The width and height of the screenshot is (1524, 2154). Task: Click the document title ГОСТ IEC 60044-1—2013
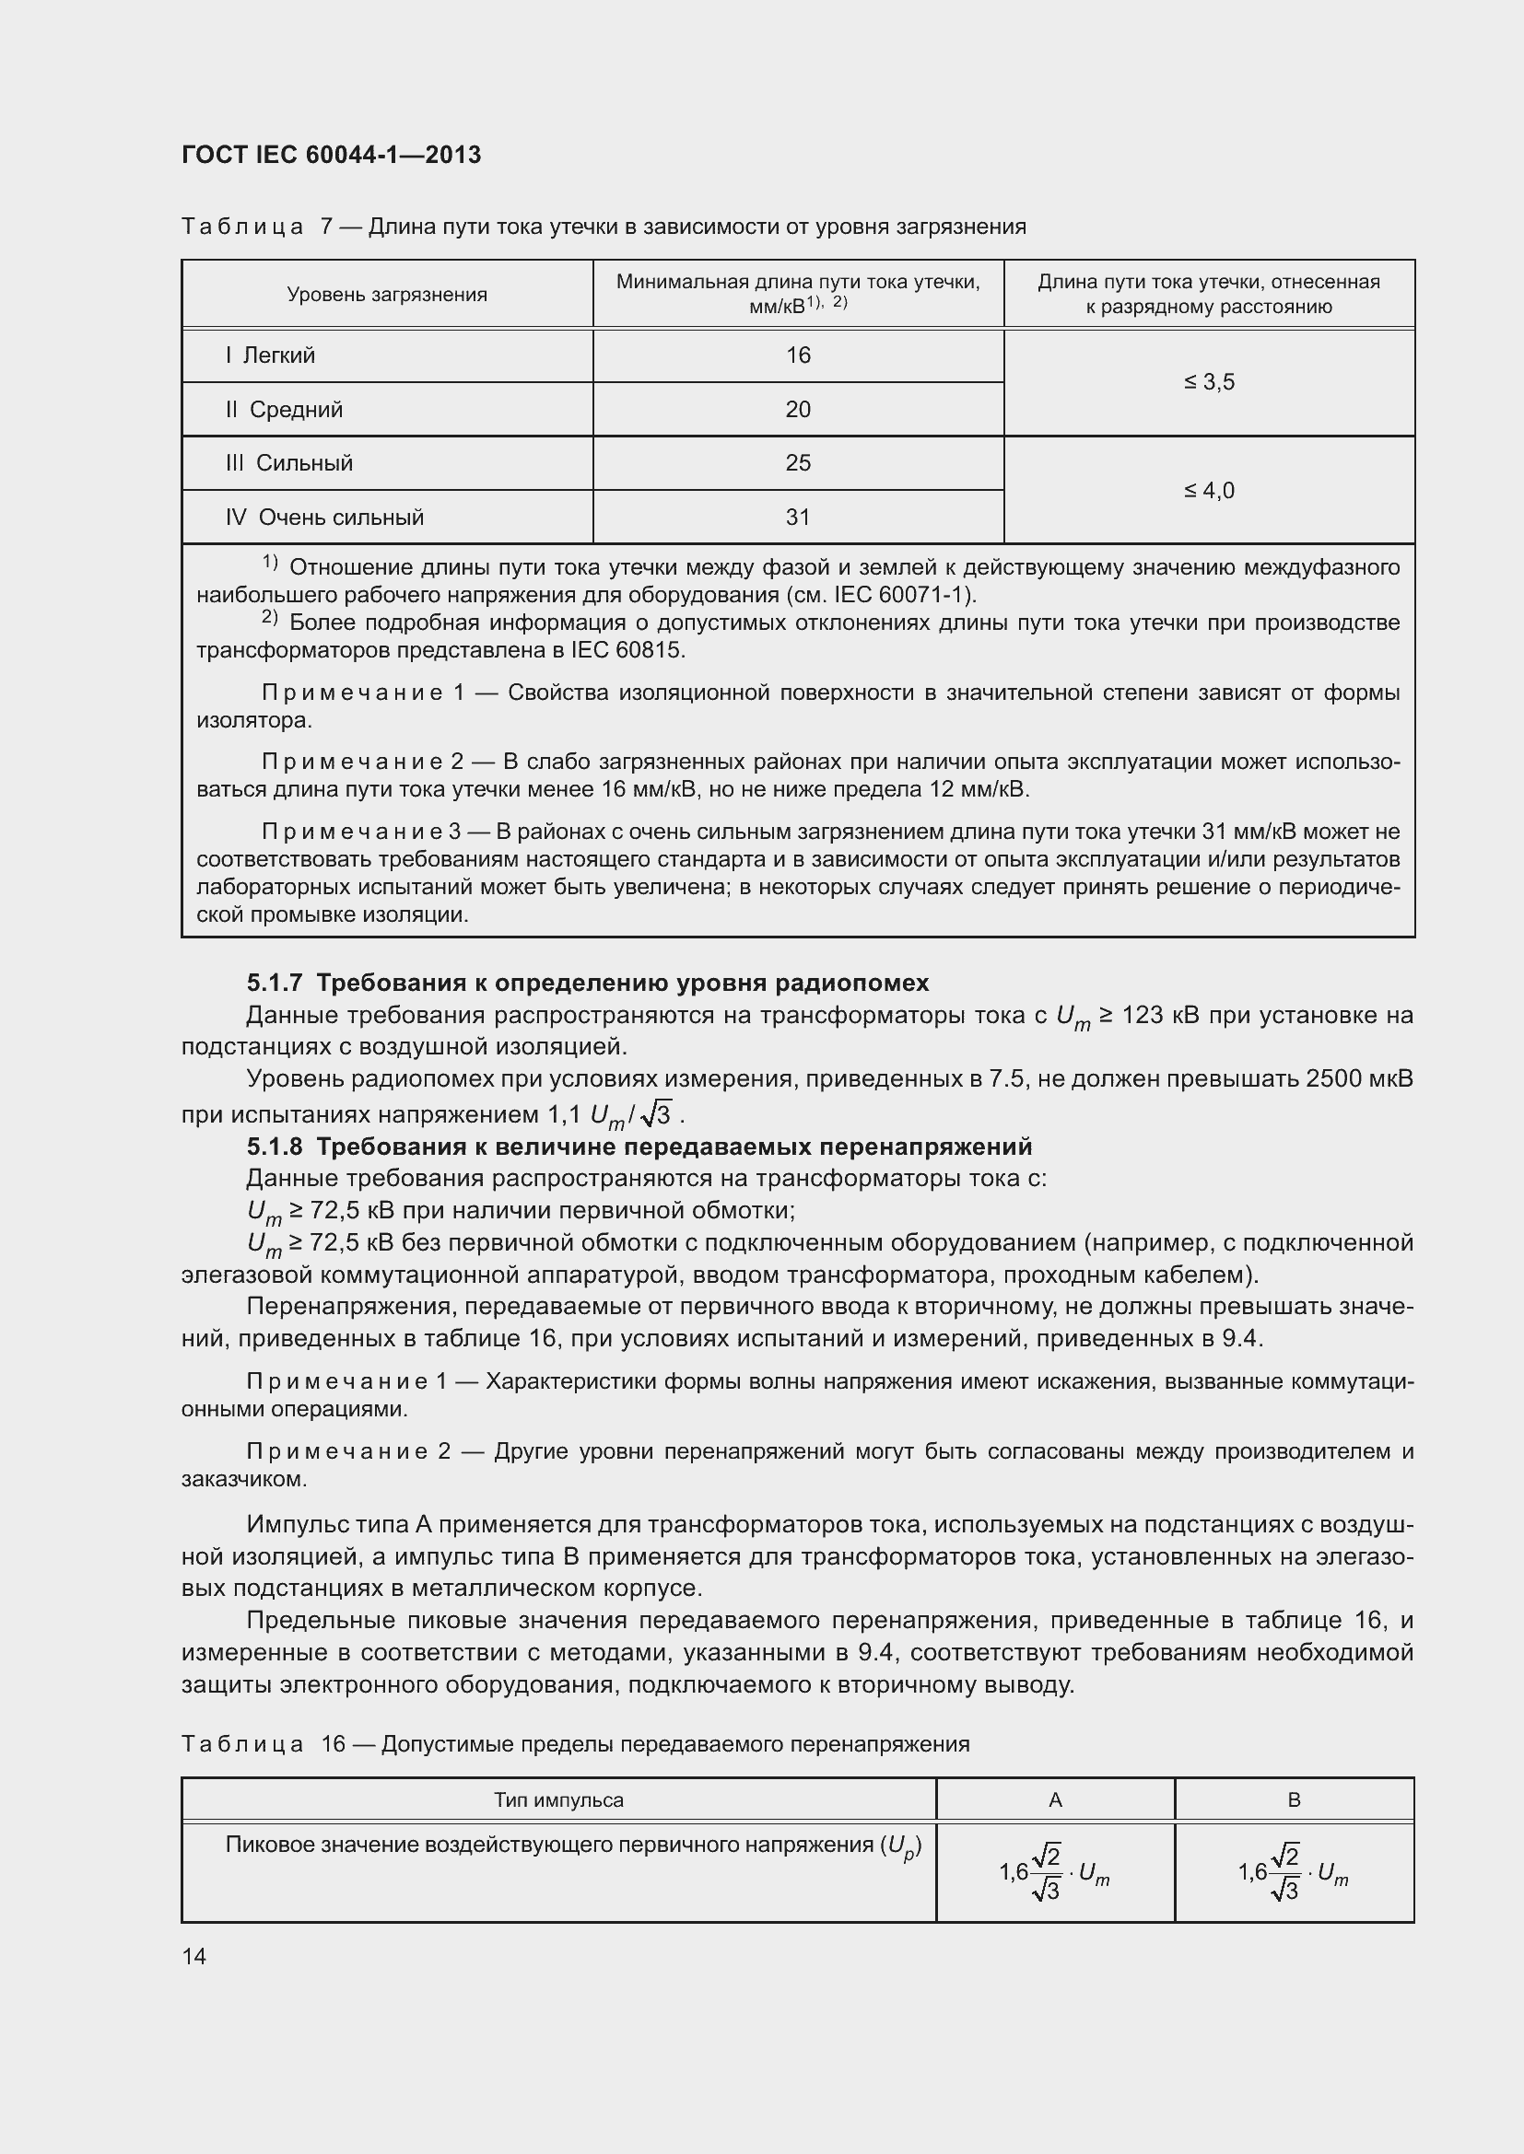(331, 155)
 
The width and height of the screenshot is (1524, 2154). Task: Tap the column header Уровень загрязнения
(387, 295)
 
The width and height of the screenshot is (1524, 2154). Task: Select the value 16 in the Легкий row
(798, 355)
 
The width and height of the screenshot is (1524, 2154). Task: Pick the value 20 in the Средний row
(798, 409)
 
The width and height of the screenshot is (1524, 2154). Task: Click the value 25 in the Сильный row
(798, 462)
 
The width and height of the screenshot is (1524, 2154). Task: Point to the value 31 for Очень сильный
(798, 517)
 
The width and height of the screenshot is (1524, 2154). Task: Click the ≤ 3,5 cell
(1209, 382)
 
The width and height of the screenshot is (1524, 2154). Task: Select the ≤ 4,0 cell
(1209, 490)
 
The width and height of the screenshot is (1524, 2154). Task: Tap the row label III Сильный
(289, 462)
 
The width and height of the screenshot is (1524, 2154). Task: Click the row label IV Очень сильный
(324, 517)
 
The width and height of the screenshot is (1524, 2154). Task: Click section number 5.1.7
(274, 983)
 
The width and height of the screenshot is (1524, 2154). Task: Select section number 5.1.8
(274, 1147)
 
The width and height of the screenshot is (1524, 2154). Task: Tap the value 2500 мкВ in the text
(1358, 1078)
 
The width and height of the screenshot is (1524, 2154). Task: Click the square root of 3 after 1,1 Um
(657, 1114)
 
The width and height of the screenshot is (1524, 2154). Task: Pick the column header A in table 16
(1055, 1799)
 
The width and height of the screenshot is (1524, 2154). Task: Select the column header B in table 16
(1293, 1799)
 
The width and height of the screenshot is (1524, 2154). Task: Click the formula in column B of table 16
(1293, 1872)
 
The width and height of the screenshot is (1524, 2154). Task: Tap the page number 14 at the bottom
(194, 1956)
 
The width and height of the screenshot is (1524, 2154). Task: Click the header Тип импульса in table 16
(558, 1799)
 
